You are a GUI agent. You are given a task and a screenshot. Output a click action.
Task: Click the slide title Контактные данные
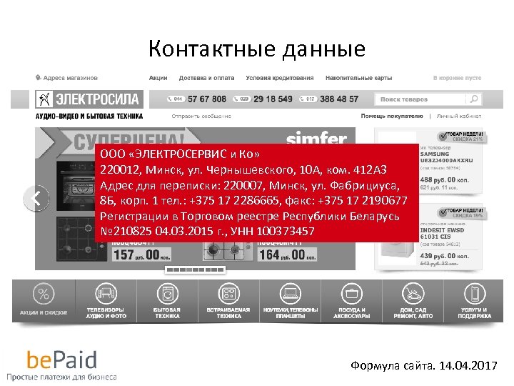257,49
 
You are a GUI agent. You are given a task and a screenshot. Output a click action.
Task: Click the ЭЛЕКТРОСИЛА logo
89,99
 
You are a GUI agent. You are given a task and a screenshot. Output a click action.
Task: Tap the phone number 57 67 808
207,99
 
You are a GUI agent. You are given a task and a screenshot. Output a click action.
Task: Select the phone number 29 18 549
273,99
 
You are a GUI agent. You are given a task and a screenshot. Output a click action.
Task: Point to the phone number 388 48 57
339,99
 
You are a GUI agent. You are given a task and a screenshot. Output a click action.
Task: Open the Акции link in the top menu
158,77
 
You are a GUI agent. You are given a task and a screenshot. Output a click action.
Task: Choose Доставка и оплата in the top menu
206,77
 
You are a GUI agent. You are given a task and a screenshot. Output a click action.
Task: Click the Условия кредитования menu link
279,77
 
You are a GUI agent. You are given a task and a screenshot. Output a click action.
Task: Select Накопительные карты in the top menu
358,77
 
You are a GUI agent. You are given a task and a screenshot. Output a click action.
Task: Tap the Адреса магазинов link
68,77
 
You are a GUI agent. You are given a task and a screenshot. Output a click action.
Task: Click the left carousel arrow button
36,198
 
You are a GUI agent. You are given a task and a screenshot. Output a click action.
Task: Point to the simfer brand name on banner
316,139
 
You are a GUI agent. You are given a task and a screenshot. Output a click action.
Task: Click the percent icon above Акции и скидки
44,294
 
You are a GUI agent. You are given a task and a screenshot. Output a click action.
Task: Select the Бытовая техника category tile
167,300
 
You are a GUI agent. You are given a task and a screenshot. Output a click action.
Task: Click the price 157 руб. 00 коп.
139,255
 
